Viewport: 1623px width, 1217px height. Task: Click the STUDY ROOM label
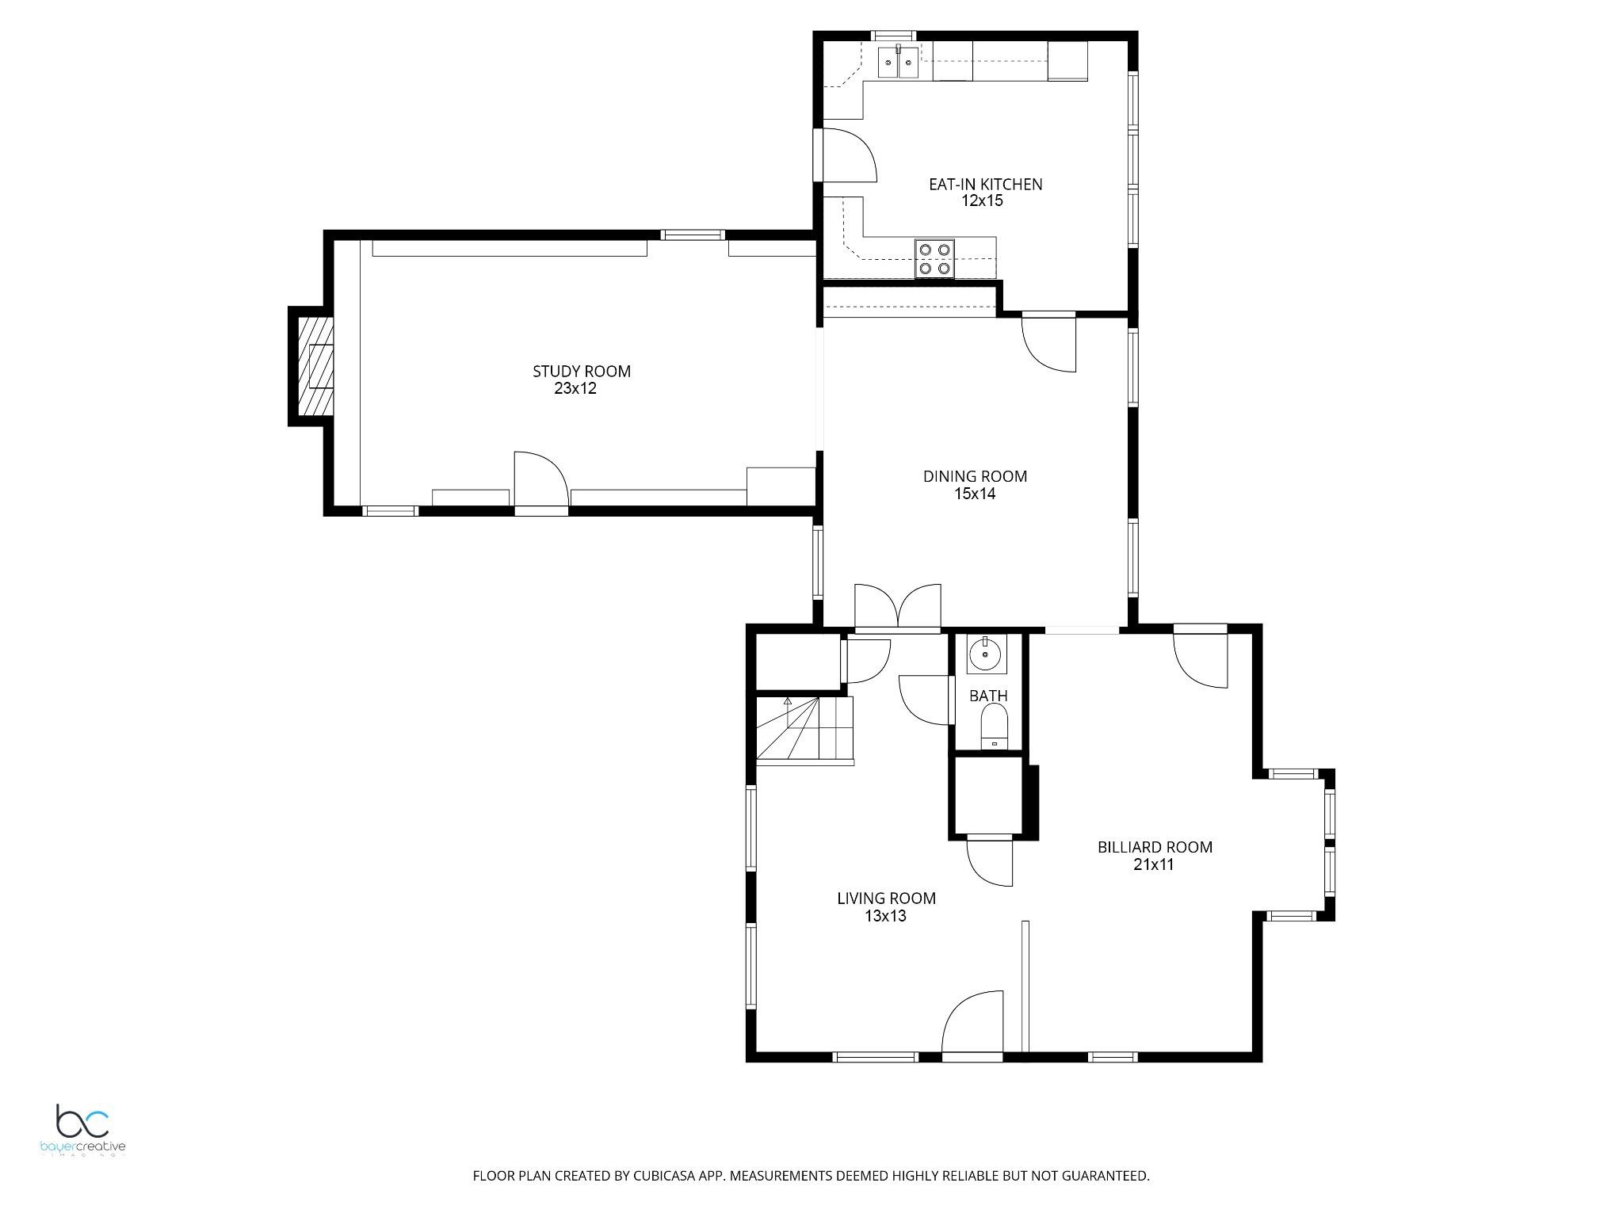coord(581,371)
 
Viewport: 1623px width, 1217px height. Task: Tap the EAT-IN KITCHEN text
coord(985,184)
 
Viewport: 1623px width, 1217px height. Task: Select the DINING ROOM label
coord(975,476)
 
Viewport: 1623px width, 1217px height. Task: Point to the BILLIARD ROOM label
coord(1155,847)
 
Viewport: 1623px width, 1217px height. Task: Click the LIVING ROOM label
coord(886,898)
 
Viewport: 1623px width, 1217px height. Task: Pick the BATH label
coord(988,696)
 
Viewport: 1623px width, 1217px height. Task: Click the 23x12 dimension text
coord(575,388)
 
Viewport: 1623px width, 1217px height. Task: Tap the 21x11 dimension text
coord(1153,864)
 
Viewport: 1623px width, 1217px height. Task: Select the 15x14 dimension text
coord(975,494)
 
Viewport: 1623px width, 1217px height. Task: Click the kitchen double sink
coord(898,62)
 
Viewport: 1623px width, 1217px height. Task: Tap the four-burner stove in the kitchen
coord(935,258)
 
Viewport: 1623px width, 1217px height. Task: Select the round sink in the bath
coord(986,654)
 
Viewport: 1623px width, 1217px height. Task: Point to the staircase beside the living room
coord(804,730)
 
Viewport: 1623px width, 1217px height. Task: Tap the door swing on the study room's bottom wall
coord(541,479)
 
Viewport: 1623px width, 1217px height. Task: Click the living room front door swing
coord(972,1021)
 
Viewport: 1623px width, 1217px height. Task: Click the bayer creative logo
coord(82,1131)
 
